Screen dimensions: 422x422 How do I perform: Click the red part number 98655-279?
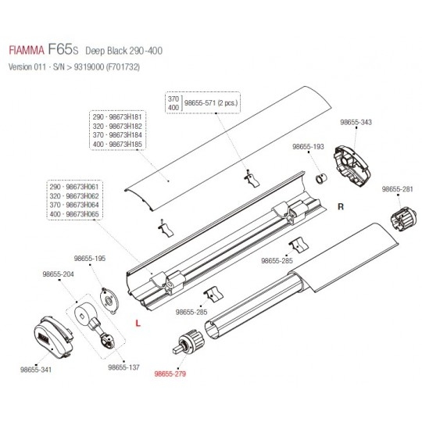tap(170, 374)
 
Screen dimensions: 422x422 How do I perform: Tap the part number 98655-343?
tap(356, 122)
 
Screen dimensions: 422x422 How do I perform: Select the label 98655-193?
tap(308, 147)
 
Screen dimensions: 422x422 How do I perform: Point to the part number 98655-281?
tap(397, 189)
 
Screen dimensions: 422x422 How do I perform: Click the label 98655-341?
tap(36, 370)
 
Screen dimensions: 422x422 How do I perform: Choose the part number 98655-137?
tap(123, 367)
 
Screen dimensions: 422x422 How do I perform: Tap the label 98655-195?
tap(90, 259)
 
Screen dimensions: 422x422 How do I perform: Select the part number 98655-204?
tap(58, 274)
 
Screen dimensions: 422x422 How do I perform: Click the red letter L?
tap(138, 323)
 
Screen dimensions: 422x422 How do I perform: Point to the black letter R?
tap(341, 206)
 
